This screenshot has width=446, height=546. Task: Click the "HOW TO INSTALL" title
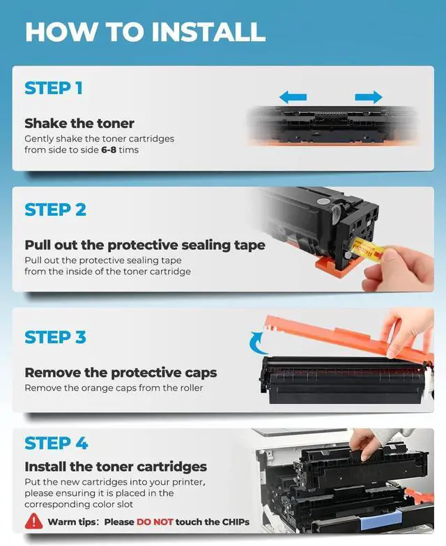pyautogui.click(x=145, y=32)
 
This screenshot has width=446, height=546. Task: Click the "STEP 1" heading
pyautogui.click(x=53, y=88)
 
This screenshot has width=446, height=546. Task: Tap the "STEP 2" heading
pyautogui.click(x=55, y=210)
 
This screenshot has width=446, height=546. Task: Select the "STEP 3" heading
pyautogui.click(x=55, y=337)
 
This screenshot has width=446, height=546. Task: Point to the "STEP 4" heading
pyautogui.click(x=56, y=443)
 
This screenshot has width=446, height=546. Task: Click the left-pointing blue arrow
pyautogui.click(x=293, y=97)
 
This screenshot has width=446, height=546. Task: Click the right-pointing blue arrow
pyautogui.click(x=369, y=97)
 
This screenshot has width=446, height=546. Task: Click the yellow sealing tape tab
pyautogui.click(x=368, y=249)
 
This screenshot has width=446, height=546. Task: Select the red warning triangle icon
pyautogui.click(x=33, y=521)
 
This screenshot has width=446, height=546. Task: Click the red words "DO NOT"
pyautogui.click(x=155, y=522)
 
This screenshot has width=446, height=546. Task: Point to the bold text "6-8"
pyautogui.click(x=109, y=150)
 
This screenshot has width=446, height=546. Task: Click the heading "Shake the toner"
pyautogui.click(x=79, y=123)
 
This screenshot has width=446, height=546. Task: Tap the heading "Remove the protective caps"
pyautogui.click(x=121, y=373)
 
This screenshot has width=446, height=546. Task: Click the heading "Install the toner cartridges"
pyautogui.click(x=116, y=467)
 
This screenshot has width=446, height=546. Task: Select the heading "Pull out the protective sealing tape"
pyautogui.click(x=145, y=245)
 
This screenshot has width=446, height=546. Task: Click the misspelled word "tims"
pyautogui.click(x=128, y=150)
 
